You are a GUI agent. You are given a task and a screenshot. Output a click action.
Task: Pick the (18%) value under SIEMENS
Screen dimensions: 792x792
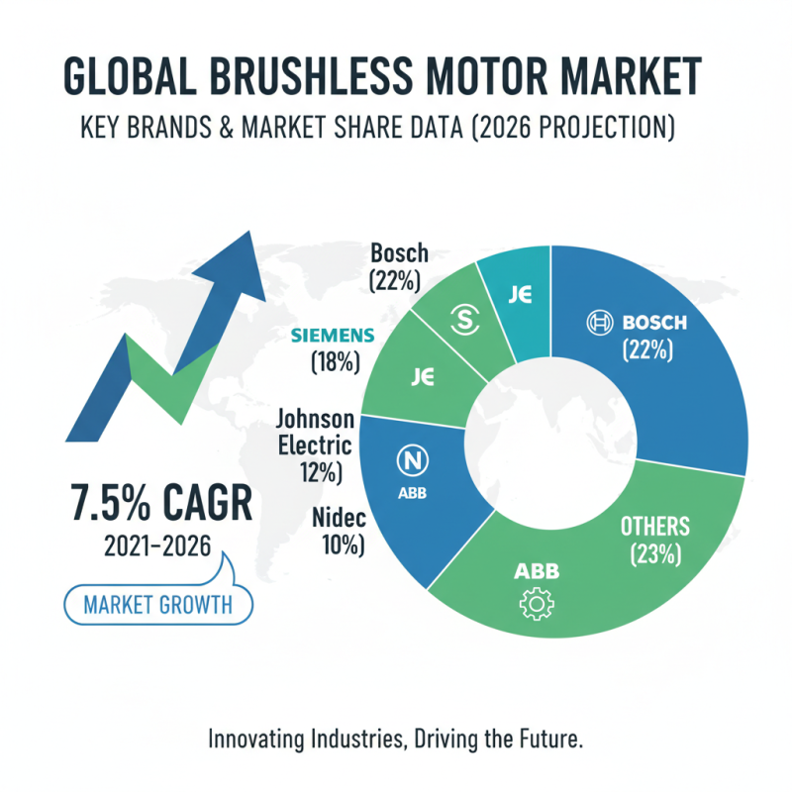334,362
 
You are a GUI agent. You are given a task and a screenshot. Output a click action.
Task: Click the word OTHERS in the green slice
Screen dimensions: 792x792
653,525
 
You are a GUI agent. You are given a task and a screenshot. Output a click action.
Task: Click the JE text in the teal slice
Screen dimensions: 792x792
522,293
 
